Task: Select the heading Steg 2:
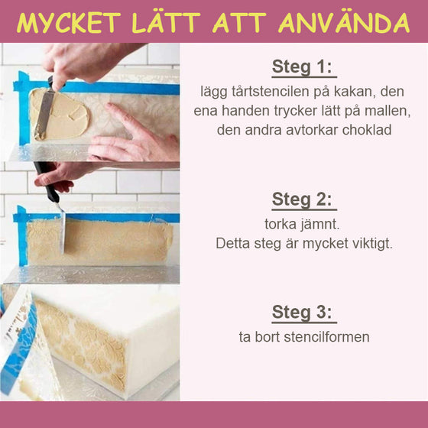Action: click(x=303, y=199)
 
